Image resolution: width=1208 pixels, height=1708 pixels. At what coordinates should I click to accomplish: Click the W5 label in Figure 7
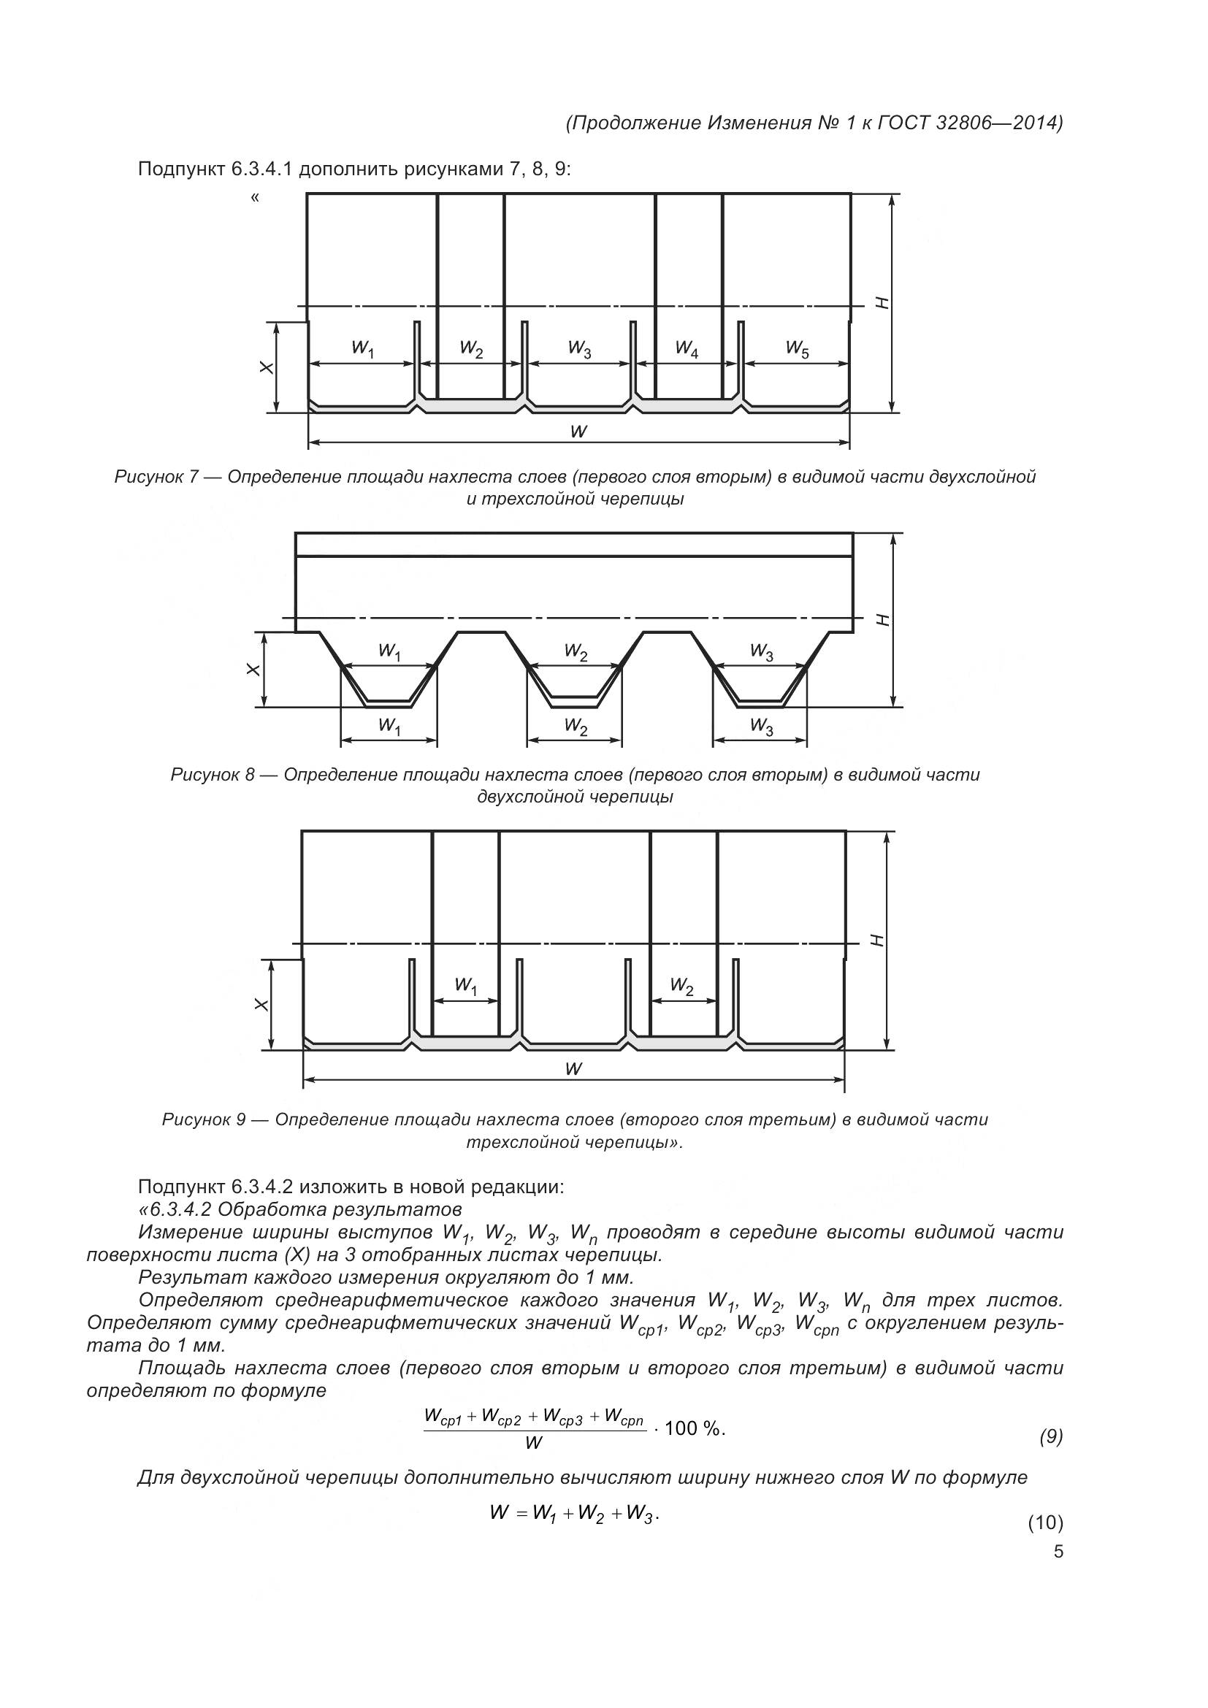tap(797, 348)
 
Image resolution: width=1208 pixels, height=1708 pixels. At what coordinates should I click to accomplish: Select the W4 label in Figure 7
tap(687, 348)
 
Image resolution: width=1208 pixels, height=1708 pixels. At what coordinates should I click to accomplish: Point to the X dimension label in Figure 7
tap(266, 367)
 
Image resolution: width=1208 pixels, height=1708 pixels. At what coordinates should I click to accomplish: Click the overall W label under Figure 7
tap(578, 432)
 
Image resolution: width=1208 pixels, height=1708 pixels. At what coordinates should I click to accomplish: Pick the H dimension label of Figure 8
tap(883, 620)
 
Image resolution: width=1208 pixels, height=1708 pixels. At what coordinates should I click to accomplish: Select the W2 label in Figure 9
tap(681, 987)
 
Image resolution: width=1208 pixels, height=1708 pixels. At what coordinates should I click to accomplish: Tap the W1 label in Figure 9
tap(465, 987)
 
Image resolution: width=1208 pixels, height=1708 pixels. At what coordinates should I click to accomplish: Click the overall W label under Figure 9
tap(573, 1069)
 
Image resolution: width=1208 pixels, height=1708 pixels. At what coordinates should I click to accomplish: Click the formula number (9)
tap(1050, 1437)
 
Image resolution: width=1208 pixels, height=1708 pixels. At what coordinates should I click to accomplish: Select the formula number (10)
tap(1045, 1523)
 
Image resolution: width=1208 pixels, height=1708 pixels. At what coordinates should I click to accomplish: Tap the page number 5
tap(1058, 1552)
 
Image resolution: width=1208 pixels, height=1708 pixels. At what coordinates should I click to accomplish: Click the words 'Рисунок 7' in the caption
tap(156, 477)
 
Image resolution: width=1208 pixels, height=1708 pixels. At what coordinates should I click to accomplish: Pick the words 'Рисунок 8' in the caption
tap(212, 776)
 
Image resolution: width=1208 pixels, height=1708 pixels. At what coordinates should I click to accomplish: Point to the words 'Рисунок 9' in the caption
tap(203, 1119)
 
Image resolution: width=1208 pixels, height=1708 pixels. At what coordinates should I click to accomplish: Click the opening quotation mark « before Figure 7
tap(255, 198)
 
